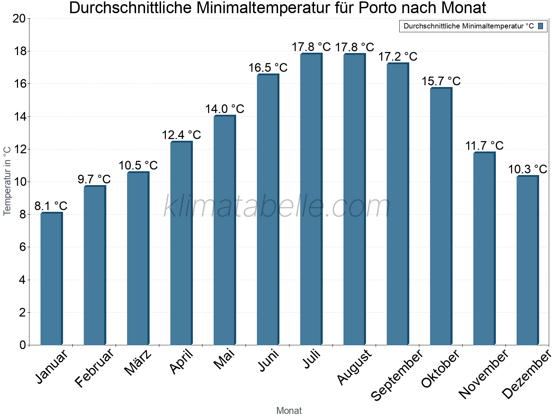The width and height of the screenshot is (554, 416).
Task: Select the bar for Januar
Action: pos(51,279)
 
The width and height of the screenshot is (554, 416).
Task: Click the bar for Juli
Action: pos(311,199)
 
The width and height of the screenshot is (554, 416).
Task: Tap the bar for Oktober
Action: pos(441,217)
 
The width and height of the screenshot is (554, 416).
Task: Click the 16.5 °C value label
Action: pos(268,68)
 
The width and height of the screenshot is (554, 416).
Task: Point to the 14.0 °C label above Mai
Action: pos(225,109)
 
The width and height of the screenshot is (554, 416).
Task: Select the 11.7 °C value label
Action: pos(484,146)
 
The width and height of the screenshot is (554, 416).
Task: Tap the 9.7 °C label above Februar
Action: pos(94,179)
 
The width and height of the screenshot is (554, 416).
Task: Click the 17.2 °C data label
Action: pos(397,57)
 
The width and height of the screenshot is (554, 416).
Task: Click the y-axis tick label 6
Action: pos(23,247)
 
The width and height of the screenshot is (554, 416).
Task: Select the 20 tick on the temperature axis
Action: pos(19,19)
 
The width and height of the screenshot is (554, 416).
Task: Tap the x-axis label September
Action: pos(397,375)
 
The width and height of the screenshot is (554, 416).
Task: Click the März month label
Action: pos(138,363)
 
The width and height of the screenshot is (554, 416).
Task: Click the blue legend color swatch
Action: pos(540,26)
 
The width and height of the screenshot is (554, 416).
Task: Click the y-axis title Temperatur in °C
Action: pos(7,181)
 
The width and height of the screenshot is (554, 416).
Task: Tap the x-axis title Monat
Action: pos(289,410)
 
